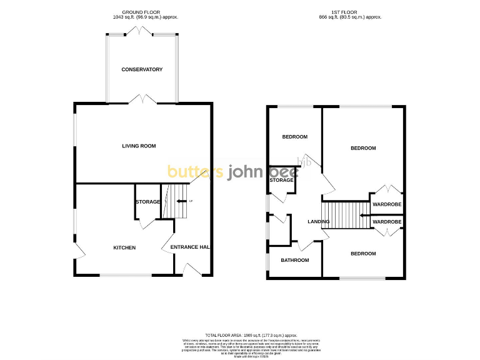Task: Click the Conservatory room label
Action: point(142,69)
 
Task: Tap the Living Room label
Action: point(139,146)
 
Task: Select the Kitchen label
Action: point(124,247)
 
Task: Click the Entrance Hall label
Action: point(189,247)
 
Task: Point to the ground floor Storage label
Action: point(148,202)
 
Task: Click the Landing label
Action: point(319,221)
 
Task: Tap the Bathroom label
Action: point(294,260)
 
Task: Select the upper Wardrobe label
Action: point(387,204)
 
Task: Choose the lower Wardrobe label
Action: point(387,221)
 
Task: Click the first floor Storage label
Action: point(281,180)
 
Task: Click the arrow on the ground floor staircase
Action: point(181,201)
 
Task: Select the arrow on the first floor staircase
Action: point(363,217)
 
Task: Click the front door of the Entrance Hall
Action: point(192,270)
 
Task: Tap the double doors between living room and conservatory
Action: point(142,99)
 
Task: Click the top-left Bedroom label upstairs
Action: point(294,137)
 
